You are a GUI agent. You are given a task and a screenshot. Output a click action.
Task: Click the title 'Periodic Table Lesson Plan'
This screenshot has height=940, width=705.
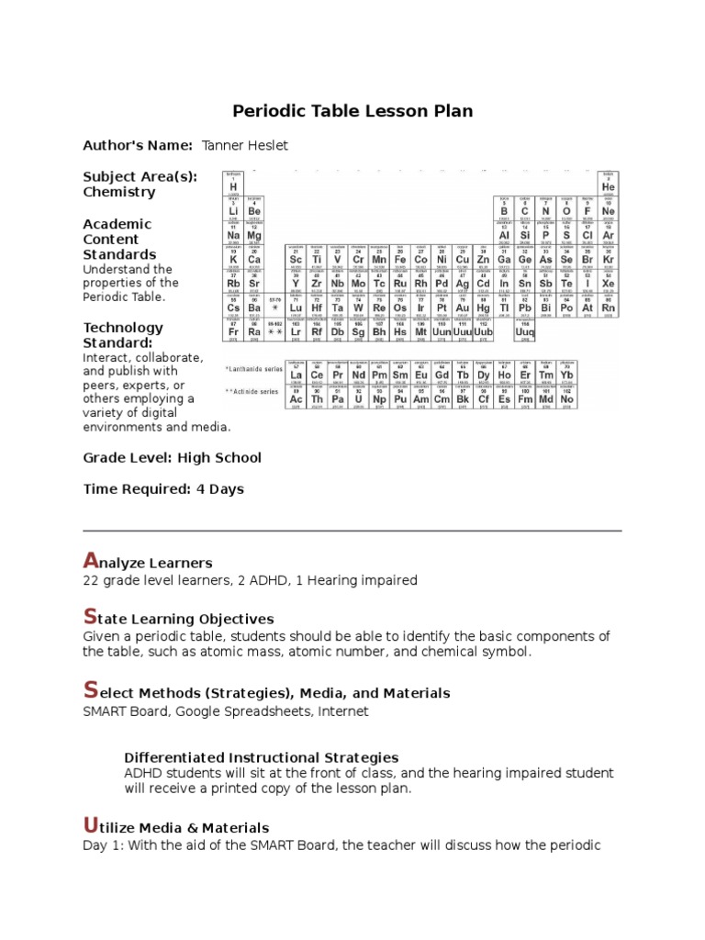[x=352, y=111]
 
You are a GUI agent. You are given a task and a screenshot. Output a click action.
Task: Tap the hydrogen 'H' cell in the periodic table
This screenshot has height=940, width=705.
[x=233, y=185]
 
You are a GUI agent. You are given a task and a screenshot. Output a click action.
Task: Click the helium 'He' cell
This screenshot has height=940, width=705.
[x=608, y=185]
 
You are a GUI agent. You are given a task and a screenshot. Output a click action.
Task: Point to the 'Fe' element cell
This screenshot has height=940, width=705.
[x=399, y=259]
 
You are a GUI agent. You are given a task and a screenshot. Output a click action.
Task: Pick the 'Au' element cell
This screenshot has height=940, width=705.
[x=462, y=308]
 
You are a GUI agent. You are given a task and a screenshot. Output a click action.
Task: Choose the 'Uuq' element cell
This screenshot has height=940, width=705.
[x=525, y=331]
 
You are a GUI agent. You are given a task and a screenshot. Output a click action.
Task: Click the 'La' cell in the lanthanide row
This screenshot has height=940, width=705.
[x=296, y=375]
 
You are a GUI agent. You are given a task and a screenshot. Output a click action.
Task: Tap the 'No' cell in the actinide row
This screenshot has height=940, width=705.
[x=567, y=398]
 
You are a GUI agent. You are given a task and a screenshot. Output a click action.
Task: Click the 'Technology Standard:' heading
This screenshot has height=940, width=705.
[x=123, y=335]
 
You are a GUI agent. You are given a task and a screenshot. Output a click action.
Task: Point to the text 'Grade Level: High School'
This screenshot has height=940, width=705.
[x=172, y=457]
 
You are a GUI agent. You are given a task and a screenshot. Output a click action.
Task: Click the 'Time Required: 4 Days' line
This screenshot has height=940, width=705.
[x=163, y=488]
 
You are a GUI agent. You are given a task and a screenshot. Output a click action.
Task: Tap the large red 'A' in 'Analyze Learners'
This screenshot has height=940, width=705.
[x=89, y=560]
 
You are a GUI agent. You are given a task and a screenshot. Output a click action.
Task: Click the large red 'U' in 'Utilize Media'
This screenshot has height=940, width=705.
[x=89, y=825]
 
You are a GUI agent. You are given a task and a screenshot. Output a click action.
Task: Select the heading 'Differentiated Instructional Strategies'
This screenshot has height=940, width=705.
[x=261, y=757]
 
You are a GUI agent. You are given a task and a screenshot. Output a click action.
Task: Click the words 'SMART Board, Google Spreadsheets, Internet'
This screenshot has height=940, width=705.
[x=226, y=711]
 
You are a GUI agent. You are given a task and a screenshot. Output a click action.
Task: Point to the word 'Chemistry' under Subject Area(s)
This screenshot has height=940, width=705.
[x=119, y=192]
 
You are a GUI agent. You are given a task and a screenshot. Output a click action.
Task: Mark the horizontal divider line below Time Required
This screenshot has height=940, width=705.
[x=352, y=531]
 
